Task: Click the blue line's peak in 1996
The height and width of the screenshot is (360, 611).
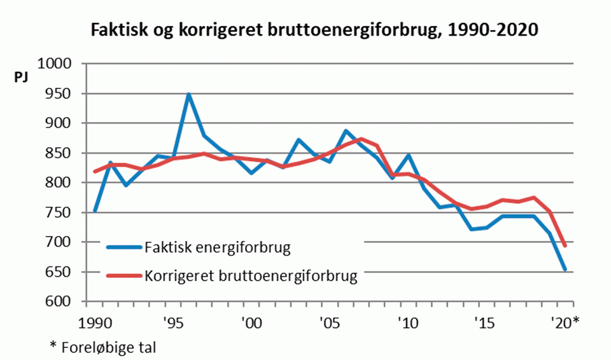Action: pos(188,94)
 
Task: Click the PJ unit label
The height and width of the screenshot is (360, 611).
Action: pos(21,78)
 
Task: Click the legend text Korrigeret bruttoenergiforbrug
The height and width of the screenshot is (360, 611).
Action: pos(251,277)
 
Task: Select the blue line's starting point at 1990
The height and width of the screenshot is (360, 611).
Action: pos(94,211)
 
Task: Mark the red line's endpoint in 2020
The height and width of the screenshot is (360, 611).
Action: pos(565,246)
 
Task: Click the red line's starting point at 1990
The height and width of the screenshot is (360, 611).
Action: pos(94,172)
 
